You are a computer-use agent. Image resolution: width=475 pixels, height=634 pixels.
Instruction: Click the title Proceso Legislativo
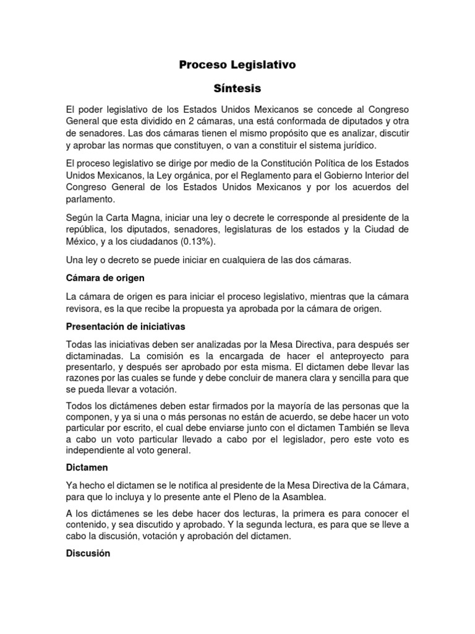tap(237, 64)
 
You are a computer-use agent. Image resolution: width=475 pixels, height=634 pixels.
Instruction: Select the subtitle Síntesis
tap(237, 88)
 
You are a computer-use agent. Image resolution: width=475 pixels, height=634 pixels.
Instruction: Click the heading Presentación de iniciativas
tap(126, 326)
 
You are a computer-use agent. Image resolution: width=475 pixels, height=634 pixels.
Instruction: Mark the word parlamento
tap(90, 200)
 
